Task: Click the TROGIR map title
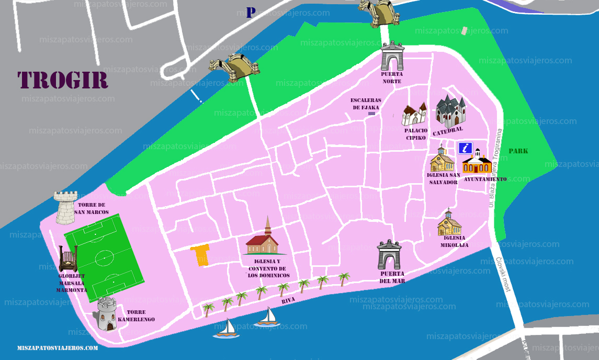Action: point(63,80)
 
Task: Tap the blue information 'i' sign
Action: point(466,148)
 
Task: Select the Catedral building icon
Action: point(450,110)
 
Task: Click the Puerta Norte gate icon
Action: point(392,57)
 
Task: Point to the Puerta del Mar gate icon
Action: point(389,255)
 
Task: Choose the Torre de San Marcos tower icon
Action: point(66,207)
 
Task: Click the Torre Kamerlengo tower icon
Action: point(106,314)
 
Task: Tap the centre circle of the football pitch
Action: point(104,257)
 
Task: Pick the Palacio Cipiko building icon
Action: point(414,114)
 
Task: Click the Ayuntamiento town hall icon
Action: point(477,163)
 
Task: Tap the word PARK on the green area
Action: point(518,151)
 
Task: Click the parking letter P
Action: point(251,13)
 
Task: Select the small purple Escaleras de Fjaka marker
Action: point(372,113)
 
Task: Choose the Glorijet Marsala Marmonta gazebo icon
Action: point(69,259)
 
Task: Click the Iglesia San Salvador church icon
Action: point(442,160)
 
